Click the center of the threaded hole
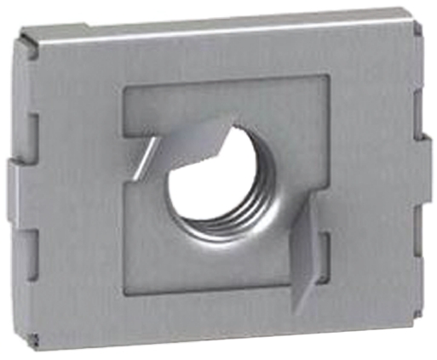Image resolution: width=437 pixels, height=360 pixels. [x=214, y=183]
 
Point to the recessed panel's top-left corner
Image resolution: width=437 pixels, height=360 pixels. [x=126, y=89]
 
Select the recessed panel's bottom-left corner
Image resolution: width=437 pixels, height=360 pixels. [x=126, y=289]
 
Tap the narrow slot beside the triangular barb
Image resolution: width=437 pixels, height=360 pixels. [x=318, y=247]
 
